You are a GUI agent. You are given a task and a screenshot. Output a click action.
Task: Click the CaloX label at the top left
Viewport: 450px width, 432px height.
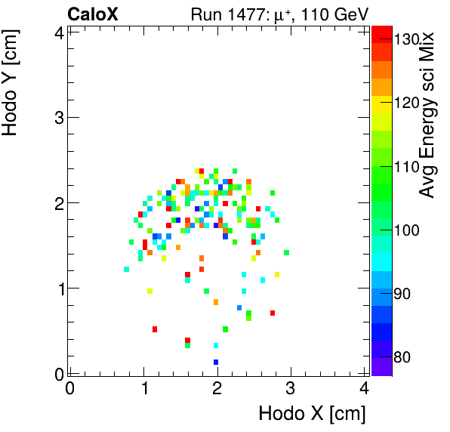(93, 14)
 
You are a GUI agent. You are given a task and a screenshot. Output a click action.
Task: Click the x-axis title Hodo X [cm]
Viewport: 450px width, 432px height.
(312, 413)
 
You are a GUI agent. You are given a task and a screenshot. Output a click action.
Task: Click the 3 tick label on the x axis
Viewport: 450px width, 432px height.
(291, 388)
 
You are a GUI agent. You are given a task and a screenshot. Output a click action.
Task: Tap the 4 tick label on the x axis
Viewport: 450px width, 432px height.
(364, 388)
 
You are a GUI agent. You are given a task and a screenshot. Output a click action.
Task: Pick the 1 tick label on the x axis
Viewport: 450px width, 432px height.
(143, 388)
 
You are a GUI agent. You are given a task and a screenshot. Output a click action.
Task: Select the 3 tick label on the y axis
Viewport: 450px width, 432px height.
(57, 117)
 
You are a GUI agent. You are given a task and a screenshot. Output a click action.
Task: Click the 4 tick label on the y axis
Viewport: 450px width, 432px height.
(57, 32)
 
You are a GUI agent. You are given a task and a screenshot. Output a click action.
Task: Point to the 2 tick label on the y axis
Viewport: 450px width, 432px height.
(57, 202)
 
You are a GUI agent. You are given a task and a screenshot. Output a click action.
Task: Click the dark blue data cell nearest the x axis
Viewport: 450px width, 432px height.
(216, 363)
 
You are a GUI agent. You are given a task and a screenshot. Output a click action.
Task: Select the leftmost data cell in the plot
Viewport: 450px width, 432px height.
(126, 269)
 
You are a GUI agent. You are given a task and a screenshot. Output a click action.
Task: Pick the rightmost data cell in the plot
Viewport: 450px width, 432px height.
(286, 252)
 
